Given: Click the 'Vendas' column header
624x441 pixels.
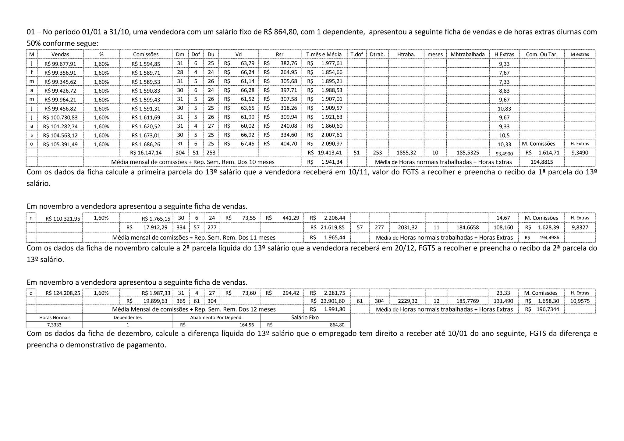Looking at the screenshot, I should [60, 55].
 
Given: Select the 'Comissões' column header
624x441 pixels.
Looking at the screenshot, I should [146, 55].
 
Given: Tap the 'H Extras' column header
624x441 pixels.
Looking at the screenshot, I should [504, 55].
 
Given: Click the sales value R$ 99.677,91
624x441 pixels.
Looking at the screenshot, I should [60, 64].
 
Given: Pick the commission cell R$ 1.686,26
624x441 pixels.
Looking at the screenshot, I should [146, 144].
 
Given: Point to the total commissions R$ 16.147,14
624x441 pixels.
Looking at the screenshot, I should [146, 153].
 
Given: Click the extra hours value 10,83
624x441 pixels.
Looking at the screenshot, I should [504, 109].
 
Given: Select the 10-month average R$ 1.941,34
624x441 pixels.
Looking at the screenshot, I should [324, 162].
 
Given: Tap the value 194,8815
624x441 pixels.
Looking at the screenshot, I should [541, 162].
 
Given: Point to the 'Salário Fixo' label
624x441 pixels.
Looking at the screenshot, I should [305, 318].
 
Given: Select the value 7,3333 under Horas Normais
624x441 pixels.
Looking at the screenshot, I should [54, 325].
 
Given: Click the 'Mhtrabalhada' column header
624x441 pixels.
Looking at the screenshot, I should [467, 55].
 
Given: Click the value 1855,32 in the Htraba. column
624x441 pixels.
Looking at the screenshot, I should [406, 153].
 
